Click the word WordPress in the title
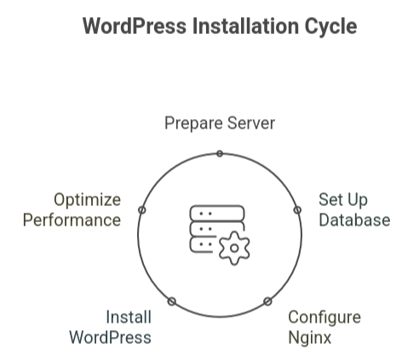[135, 26]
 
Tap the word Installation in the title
[245, 26]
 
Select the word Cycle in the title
[330, 28]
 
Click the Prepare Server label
[220, 123]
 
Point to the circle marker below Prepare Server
[220, 154]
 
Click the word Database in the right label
[354, 220]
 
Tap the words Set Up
[343, 200]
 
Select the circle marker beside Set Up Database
[297, 210]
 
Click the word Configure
[324, 317]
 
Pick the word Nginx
[310, 339]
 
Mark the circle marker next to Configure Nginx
[267, 301]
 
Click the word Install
[129, 317]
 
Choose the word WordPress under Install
[110, 338]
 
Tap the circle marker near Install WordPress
[172, 301]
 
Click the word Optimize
[88, 200]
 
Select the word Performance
[72, 220]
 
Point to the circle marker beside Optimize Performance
[142, 210]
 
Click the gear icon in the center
[234, 249]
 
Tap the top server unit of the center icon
[217, 214]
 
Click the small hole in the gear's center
[234, 249]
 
